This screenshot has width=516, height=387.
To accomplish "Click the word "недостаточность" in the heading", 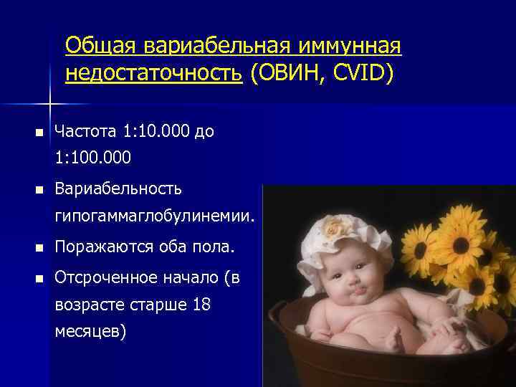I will tap(153, 73).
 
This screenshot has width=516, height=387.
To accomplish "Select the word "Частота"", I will tap(87, 132).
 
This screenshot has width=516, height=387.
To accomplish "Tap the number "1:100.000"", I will tap(92, 157).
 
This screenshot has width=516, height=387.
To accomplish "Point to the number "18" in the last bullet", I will tap(201, 305).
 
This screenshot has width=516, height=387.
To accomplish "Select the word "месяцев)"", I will tap(90, 331).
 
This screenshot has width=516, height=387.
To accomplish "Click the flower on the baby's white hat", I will tap(334, 228).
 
